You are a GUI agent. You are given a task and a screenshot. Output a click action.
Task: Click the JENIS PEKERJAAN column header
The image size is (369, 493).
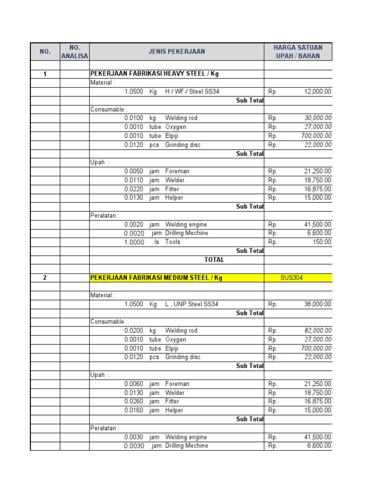click(177, 52)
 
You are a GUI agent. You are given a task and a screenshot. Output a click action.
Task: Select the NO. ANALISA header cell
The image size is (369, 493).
click(74, 52)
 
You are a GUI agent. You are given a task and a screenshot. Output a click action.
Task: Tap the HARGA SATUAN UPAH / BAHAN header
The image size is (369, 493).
click(298, 52)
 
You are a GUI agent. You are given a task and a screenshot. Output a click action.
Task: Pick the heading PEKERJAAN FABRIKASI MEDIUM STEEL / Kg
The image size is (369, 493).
click(157, 278)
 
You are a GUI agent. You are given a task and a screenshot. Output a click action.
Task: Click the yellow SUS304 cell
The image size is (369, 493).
click(292, 278)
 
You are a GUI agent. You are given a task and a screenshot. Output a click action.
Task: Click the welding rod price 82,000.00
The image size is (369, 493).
click(318, 331)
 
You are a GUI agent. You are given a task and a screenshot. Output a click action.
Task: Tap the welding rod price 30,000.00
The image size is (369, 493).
click(318, 118)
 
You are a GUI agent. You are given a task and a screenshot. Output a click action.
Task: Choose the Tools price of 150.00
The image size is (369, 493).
click(322, 242)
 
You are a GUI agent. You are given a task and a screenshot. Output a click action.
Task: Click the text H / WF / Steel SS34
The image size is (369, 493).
click(192, 91)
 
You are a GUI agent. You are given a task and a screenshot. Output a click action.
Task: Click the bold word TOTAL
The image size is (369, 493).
click(214, 259)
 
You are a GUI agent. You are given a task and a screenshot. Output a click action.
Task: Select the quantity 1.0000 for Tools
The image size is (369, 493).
click(134, 243)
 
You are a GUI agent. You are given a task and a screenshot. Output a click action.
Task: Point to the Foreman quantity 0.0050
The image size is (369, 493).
click(134, 171)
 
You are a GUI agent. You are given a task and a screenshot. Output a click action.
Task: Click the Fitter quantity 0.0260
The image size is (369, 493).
click(134, 402)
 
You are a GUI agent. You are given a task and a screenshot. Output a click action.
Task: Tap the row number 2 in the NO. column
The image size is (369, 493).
click(45, 278)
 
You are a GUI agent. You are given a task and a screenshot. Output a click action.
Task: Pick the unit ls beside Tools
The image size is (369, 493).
click(157, 242)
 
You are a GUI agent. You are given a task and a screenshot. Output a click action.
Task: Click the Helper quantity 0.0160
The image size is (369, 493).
click(134, 410)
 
